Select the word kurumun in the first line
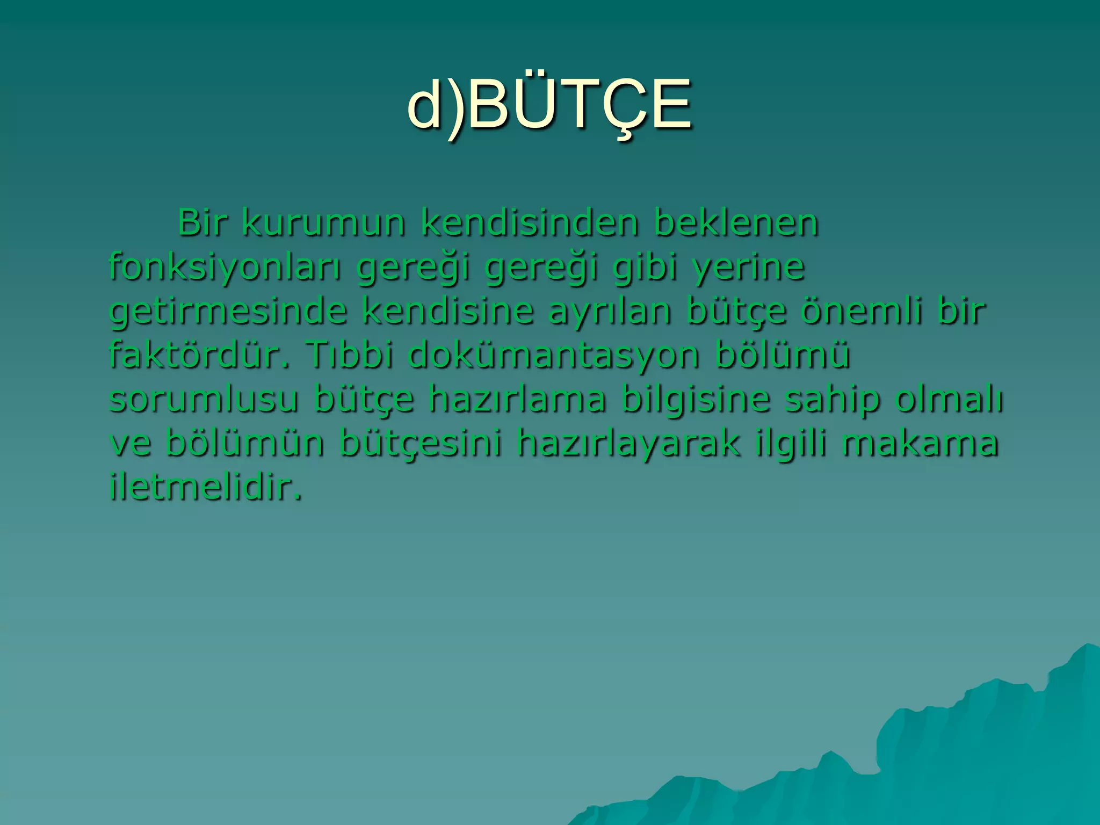point(323,222)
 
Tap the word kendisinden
point(530,222)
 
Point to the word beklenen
point(736,222)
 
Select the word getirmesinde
point(228,312)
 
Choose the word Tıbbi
point(350,355)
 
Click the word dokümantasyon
point(554,356)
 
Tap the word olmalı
point(949,400)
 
